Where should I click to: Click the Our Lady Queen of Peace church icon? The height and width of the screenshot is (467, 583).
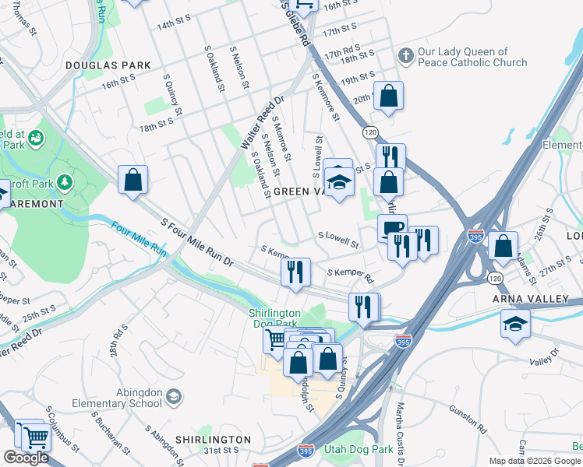click(405, 56)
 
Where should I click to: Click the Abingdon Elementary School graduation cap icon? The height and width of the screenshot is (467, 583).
click(173, 398)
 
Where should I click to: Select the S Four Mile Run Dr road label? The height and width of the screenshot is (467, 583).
click(197, 244)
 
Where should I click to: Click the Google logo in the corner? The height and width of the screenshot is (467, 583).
click(26, 457)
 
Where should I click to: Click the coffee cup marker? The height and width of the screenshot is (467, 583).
click(392, 227)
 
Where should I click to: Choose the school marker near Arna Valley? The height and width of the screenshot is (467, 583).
click(515, 322)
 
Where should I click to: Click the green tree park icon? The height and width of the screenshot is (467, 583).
click(64, 183)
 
